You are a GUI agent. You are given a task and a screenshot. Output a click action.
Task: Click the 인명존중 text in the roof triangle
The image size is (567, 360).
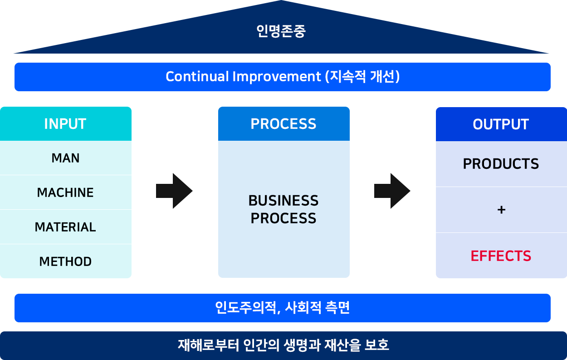pos(281,31)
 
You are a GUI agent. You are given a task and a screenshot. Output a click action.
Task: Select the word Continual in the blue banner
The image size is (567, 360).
pos(197,77)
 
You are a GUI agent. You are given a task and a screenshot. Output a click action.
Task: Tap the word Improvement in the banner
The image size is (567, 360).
pos(277,77)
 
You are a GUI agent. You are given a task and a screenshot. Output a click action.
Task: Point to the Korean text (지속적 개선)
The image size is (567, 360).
pos(362,77)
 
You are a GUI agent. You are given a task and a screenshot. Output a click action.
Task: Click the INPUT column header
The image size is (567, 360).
pos(66,124)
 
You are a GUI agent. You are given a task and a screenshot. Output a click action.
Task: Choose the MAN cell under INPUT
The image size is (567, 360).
pos(66,158)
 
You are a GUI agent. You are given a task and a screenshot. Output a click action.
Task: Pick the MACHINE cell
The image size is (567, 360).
pos(66,192)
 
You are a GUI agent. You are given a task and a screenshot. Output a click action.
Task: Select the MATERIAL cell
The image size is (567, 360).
pos(66,227)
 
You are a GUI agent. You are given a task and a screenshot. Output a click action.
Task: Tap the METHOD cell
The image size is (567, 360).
pos(66,261)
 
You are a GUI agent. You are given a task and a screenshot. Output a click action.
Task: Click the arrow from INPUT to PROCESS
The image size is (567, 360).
pos(174,191)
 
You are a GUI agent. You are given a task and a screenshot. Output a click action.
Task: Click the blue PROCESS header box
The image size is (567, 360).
pos(284,124)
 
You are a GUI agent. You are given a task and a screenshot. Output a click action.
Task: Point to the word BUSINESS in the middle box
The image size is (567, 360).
pos(283,201)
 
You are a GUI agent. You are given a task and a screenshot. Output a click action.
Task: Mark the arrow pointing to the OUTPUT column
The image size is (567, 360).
pos(392,191)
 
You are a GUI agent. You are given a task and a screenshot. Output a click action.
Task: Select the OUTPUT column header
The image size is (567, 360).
pos(501,124)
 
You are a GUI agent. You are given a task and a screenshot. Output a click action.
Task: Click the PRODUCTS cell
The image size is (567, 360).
pos(501,164)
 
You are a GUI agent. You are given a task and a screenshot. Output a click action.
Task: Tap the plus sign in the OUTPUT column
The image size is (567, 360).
pos(501,210)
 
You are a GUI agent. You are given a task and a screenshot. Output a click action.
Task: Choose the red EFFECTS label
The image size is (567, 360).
pos(501,256)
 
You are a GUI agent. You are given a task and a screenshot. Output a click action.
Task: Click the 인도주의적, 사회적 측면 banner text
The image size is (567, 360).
pos(282,308)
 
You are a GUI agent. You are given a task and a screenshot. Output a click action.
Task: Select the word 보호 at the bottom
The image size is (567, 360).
pos(376,345)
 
